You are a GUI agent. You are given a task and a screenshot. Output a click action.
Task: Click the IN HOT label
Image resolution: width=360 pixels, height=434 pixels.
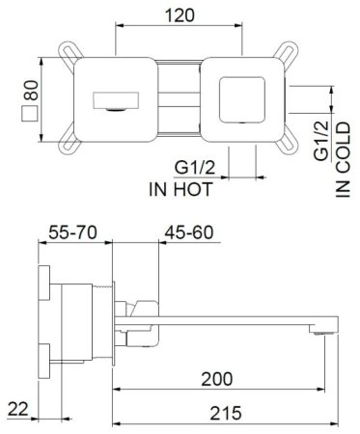click(180, 188)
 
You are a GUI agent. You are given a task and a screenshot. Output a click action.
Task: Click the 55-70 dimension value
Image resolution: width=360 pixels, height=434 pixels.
click(73, 235)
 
